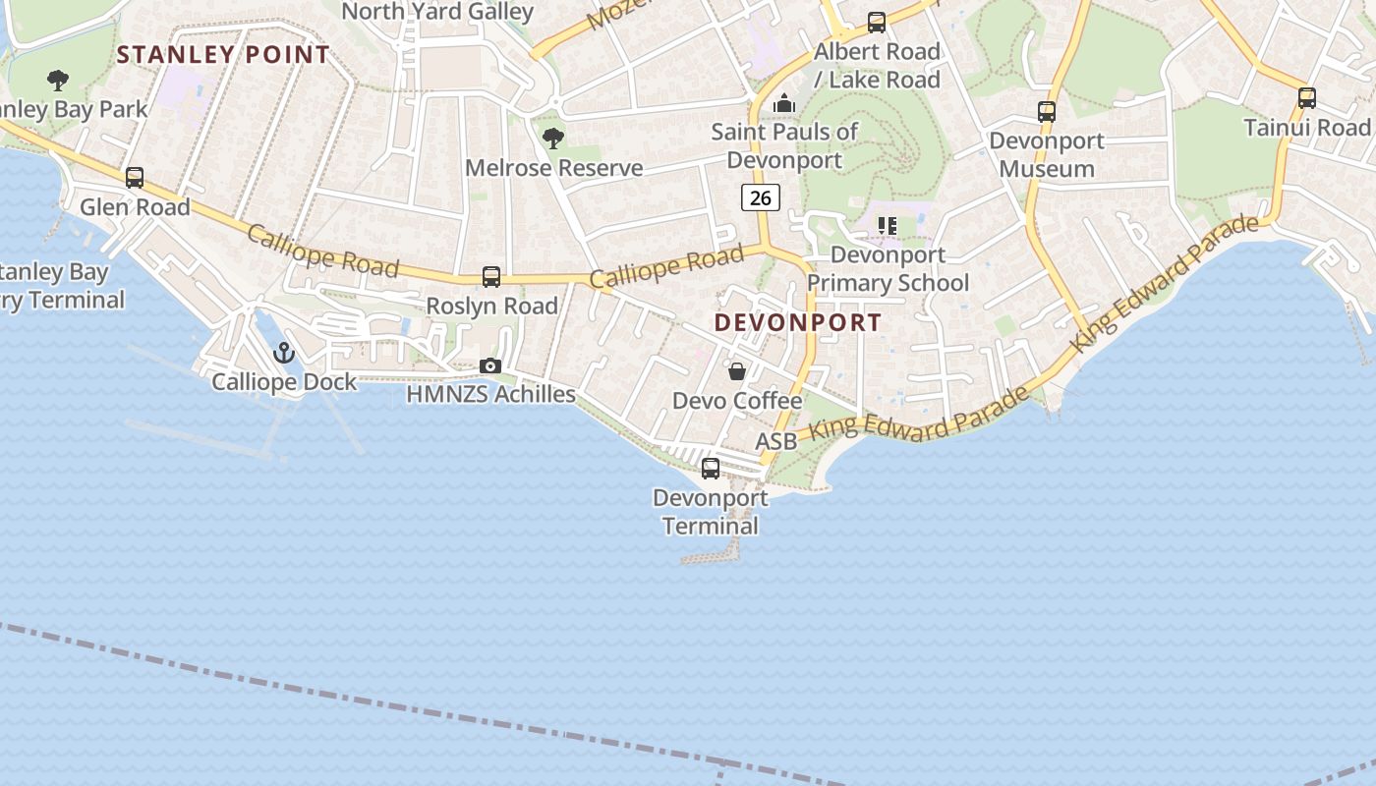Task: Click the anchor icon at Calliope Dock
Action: tap(284, 352)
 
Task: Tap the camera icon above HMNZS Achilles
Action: tap(490, 366)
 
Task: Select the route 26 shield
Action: tap(760, 197)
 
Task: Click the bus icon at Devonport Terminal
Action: tap(711, 469)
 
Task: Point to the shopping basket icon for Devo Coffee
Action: tap(737, 371)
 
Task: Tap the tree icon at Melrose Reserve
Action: tap(553, 139)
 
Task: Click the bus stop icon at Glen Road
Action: tap(135, 178)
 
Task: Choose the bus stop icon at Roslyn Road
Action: tap(491, 277)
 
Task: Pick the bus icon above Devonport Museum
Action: tap(1047, 112)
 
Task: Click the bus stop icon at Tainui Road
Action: tap(1307, 98)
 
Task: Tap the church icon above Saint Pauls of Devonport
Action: tap(784, 103)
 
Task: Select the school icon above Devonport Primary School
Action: tap(888, 226)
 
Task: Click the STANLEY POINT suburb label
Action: tap(223, 55)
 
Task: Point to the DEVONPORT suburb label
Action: tap(798, 322)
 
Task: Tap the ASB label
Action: tap(775, 442)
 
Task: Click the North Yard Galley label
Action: tap(437, 12)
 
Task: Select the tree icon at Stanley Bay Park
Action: tap(58, 81)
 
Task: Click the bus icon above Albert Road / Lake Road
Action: tap(877, 22)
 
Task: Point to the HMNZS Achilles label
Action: tap(491, 394)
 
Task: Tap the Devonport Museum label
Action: tap(1047, 154)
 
